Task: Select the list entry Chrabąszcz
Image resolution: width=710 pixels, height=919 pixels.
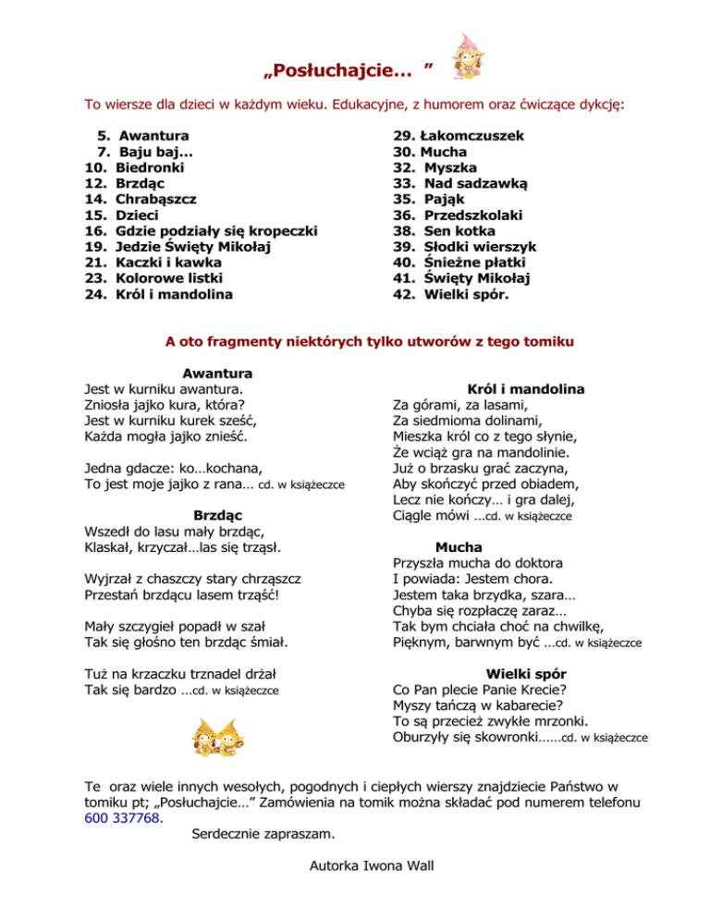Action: [155, 198]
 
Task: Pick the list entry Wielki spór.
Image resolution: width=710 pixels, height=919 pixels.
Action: [466, 296]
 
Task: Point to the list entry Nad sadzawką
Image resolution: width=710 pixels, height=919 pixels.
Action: [475, 182]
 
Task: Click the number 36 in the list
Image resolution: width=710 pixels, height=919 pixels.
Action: [402, 214]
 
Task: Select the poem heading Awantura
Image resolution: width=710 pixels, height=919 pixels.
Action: [218, 374]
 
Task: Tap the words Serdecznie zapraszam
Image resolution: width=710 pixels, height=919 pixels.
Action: [263, 834]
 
